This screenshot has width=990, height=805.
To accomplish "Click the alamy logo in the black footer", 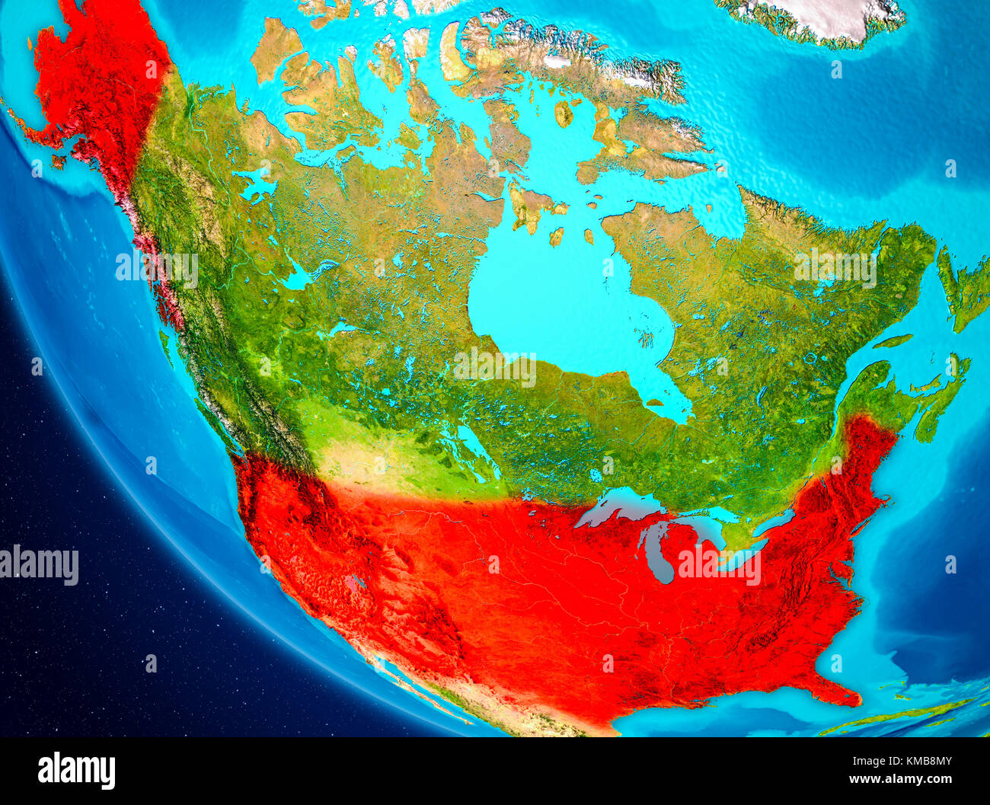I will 76,770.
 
